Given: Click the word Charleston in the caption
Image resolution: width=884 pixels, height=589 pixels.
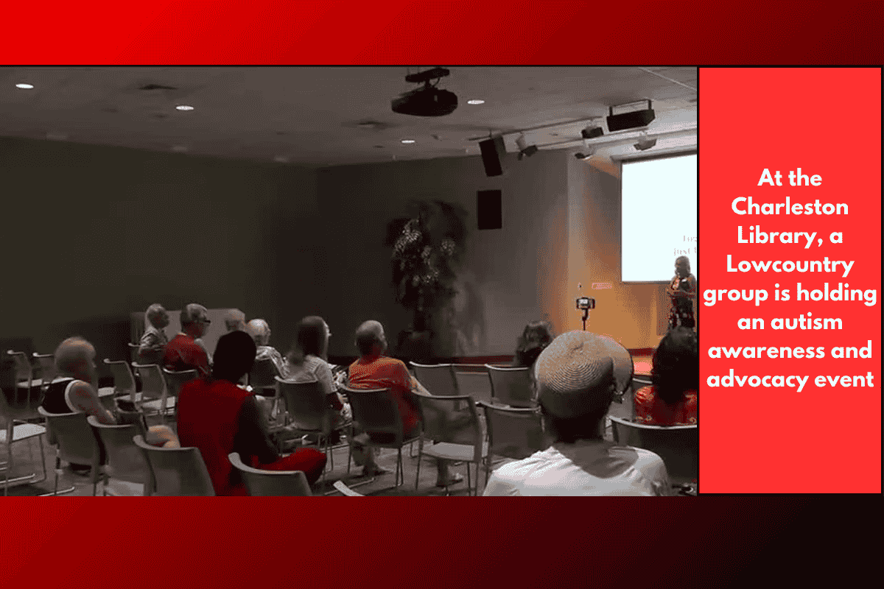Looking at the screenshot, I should (x=790, y=207).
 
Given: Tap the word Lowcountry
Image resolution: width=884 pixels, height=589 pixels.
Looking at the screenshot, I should (x=790, y=265).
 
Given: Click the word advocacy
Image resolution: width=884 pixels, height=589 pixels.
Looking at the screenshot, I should (x=759, y=380).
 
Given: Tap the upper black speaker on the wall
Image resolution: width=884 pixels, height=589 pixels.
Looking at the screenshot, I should (x=491, y=157).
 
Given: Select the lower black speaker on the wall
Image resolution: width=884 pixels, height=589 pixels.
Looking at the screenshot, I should (x=488, y=209).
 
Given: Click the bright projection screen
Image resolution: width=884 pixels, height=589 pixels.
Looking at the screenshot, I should (x=658, y=218).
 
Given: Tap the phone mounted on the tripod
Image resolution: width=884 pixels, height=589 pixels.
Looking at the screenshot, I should (x=585, y=303).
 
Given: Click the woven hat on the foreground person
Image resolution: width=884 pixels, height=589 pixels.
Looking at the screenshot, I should (x=583, y=366).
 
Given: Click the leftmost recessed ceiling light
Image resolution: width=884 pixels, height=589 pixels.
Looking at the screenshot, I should (x=24, y=86).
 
